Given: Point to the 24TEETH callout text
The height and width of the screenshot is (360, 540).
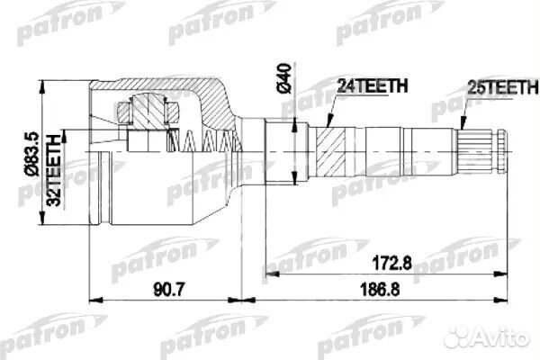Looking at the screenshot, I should click(372, 87).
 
